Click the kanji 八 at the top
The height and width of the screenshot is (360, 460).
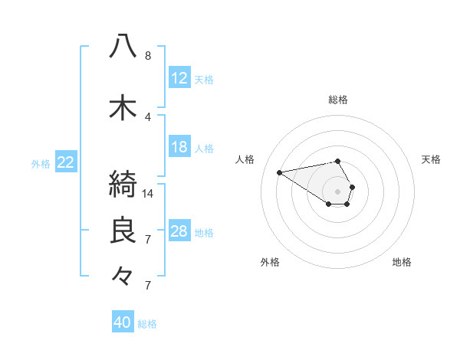123,47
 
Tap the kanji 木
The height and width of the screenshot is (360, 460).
123,108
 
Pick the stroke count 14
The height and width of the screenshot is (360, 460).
149,193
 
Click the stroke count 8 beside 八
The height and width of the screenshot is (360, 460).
148,56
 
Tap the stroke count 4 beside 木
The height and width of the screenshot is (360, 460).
148,117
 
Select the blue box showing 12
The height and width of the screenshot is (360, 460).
179,78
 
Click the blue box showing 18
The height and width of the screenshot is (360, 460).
179,147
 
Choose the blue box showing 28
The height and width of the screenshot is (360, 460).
179,231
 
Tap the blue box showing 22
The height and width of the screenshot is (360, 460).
66,162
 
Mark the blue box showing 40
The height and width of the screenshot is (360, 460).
123,322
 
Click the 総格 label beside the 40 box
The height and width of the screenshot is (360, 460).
147,324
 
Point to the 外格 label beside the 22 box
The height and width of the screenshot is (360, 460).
41,163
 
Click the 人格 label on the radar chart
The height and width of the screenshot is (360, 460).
245,159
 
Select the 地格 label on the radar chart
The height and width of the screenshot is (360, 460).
402,262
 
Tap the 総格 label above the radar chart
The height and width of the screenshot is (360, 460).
338,100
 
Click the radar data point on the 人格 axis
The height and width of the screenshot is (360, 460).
279,172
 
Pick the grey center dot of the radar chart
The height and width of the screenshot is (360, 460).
337,191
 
